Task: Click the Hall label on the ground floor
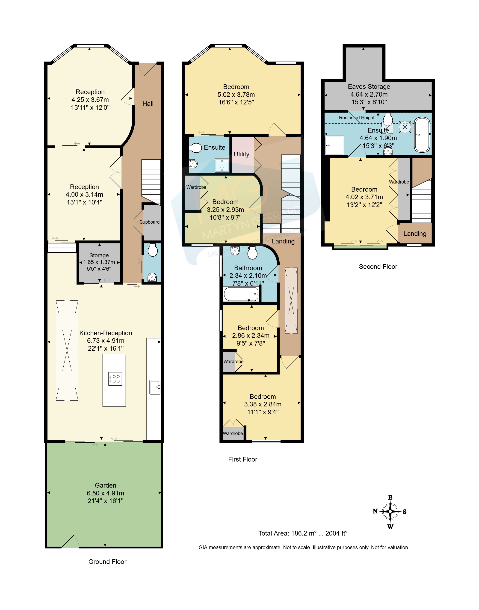coord(148,104)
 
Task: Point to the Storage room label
coord(99,255)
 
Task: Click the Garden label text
coord(105,486)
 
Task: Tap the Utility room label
coord(242,154)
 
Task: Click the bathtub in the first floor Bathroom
coord(241,294)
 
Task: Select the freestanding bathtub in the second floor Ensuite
coord(422,135)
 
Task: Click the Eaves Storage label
coord(369,87)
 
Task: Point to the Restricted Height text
coord(357,118)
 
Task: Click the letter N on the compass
coord(375,511)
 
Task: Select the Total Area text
coord(303,533)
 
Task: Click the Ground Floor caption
coord(107,562)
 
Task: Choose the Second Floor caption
coord(378,267)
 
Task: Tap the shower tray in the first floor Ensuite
coord(222,165)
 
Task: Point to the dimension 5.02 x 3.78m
coord(236,95)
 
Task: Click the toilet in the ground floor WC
coord(153,250)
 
